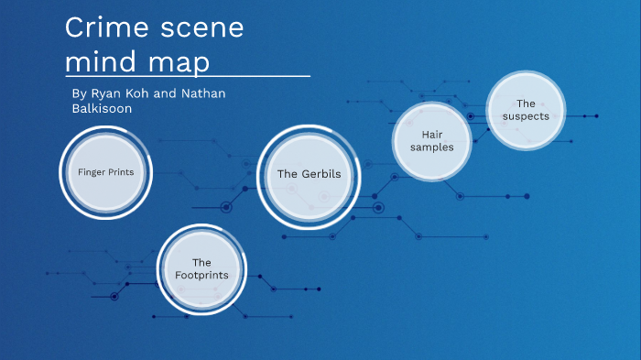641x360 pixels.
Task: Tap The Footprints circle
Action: click(201, 268)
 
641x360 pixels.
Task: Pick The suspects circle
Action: click(525, 110)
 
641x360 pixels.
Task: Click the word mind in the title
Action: click(98, 62)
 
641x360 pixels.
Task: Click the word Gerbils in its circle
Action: click(322, 174)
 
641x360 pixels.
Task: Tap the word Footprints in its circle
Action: click(201, 275)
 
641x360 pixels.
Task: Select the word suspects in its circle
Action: click(526, 117)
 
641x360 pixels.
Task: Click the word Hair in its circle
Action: click(432, 135)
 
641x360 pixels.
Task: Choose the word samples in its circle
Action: click(432, 147)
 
